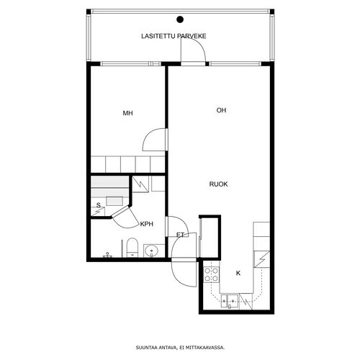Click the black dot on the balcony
(180, 19)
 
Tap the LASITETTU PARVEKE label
(174, 36)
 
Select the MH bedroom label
(127, 113)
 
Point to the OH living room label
(221, 110)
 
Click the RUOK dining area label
(218, 184)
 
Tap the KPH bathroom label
(147, 224)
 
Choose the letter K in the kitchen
(238, 273)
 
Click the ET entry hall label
(180, 235)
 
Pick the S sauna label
(98, 205)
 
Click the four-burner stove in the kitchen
(211, 275)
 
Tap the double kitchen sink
(230, 301)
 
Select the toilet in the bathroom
(132, 248)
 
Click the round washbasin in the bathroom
(151, 251)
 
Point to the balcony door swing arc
(199, 45)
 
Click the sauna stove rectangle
(114, 201)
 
